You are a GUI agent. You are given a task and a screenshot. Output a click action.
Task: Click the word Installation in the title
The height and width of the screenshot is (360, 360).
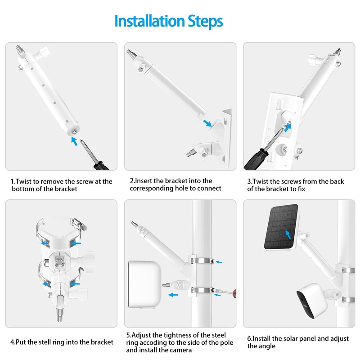point(149,21)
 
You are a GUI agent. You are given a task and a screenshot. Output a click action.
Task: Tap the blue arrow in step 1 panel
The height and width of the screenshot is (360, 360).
point(74,141)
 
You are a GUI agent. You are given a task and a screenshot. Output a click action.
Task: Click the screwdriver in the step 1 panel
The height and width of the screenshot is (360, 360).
point(94,155)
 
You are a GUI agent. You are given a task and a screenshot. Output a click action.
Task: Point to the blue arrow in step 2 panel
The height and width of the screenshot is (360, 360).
point(207,123)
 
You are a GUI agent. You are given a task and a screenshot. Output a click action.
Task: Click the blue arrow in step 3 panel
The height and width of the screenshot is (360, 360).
point(288,127)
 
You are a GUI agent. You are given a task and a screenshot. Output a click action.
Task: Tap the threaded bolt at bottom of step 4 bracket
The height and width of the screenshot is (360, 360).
point(59,315)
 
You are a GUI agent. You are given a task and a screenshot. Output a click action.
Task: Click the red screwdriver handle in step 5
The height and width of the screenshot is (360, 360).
point(234,294)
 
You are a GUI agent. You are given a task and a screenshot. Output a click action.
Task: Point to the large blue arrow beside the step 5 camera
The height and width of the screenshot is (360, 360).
point(173,295)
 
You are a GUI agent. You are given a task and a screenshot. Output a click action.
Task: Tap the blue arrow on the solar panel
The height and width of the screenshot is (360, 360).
point(288,234)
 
